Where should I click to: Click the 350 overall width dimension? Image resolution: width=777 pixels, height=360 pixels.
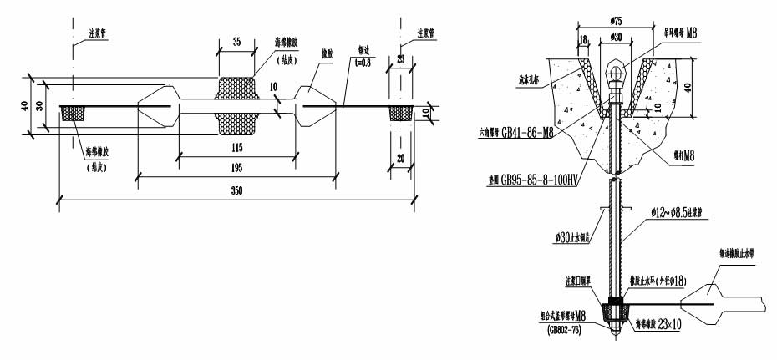pos(236,191)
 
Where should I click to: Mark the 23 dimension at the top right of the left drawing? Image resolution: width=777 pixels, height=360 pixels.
pos(402,58)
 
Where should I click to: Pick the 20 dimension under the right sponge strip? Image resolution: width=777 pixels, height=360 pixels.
pos(402,158)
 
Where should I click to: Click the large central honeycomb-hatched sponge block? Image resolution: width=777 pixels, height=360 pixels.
pos(236,107)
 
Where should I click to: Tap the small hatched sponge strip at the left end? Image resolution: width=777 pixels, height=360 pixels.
pos(74,113)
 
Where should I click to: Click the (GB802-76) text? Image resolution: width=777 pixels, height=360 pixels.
pos(567,330)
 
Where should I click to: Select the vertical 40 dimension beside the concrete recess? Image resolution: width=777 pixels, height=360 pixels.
pos(700,88)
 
